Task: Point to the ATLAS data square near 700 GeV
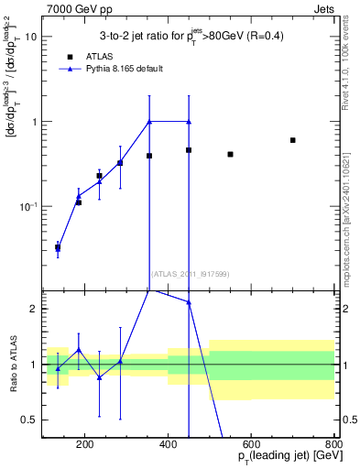292,140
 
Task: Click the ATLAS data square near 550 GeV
230,154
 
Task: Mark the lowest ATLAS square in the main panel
58,247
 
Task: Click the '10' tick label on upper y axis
31,38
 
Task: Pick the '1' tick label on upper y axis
34,122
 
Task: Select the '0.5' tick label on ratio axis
30,420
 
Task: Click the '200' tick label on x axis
85,444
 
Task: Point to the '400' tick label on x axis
169,444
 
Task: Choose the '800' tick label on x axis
334,444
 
